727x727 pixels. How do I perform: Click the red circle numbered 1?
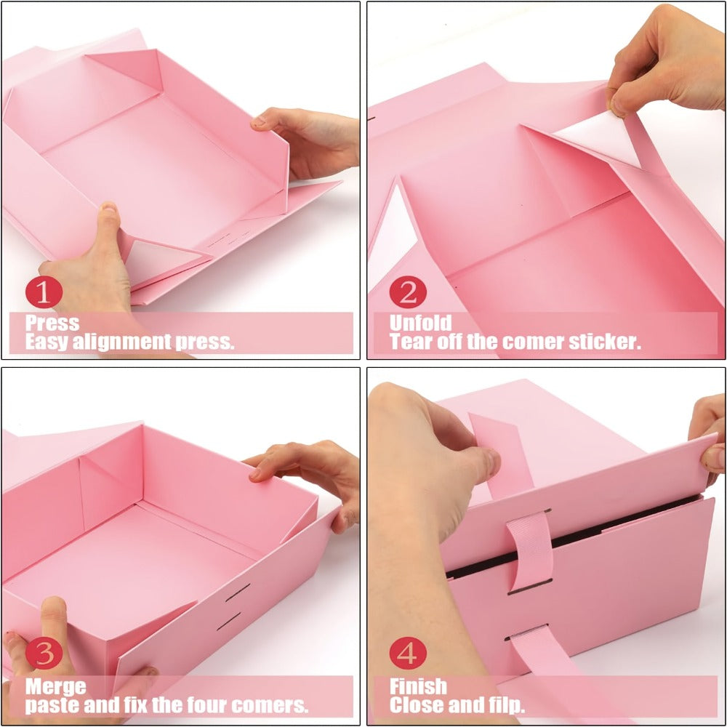(x=44, y=292)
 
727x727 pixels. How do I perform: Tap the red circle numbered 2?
(x=408, y=292)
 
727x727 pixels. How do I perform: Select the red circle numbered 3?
(x=44, y=653)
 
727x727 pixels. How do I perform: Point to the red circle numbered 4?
(x=408, y=653)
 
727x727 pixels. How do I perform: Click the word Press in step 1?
(x=52, y=324)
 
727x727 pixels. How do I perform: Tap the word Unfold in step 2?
(x=420, y=324)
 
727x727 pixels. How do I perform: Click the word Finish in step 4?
(x=418, y=686)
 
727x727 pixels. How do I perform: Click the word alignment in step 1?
(x=122, y=342)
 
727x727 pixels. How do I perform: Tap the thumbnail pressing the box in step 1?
(x=108, y=209)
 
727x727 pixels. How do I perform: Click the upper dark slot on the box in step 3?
(x=238, y=593)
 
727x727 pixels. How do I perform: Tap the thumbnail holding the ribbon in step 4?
(x=490, y=462)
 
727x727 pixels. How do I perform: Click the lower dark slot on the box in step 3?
(x=229, y=622)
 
